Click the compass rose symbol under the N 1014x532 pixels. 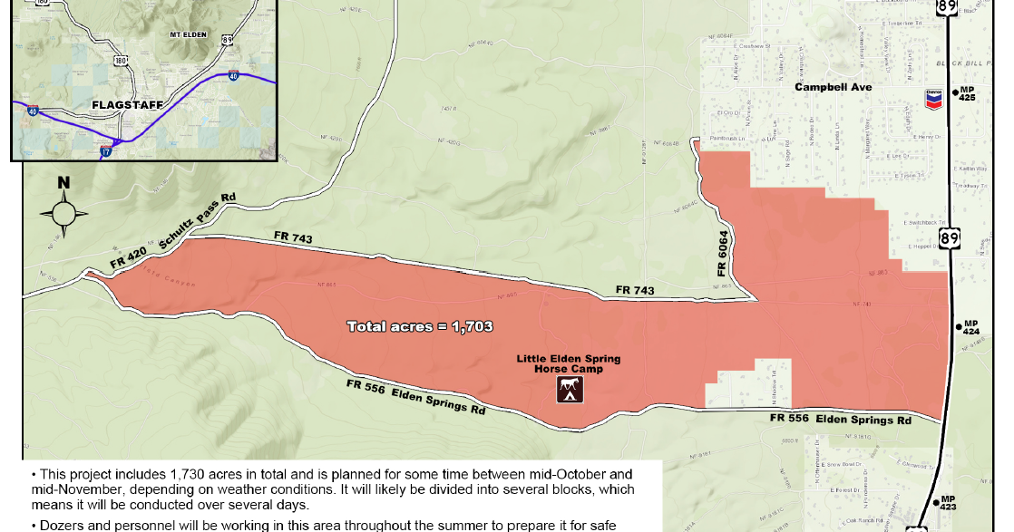(x=63, y=214)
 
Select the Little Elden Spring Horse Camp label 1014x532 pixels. (x=569, y=364)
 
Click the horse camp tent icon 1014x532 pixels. (x=570, y=391)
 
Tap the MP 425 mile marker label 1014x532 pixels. (x=967, y=93)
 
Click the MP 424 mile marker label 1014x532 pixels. (x=970, y=327)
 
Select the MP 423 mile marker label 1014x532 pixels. (x=948, y=503)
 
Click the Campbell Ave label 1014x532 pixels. (x=833, y=87)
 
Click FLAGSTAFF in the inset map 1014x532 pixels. (x=127, y=105)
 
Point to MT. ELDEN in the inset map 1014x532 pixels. (x=189, y=34)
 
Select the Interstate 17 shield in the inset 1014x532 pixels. (x=106, y=151)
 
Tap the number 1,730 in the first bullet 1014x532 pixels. (x=189, y=475)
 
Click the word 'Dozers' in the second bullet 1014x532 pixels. (x=58, y=525)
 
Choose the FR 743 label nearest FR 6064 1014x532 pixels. (x=635, y=290)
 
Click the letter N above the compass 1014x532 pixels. (x=63, y=183)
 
